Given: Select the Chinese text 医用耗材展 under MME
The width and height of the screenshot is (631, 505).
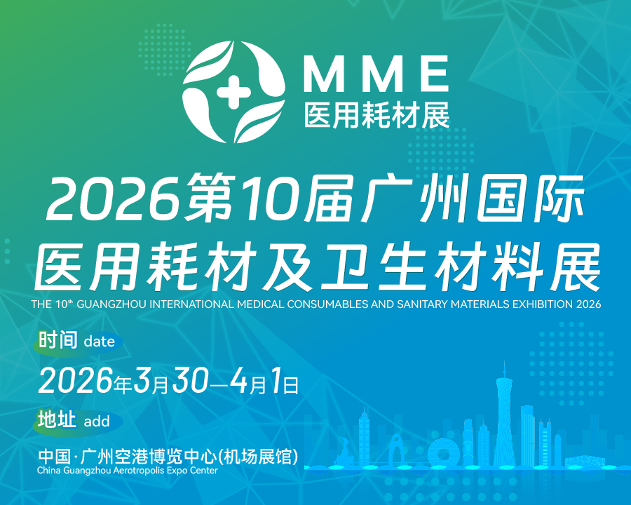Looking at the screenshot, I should pyautogui.click(x=376, y=115).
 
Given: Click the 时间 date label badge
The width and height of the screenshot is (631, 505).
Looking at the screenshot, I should pyautogui.click(x=77, y=342).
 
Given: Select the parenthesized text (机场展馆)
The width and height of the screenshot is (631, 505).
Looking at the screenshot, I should pyautogui.click(x=259, y=455).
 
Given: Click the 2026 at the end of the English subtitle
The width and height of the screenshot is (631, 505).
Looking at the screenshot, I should pyautogui.click(x=588, y=305).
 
